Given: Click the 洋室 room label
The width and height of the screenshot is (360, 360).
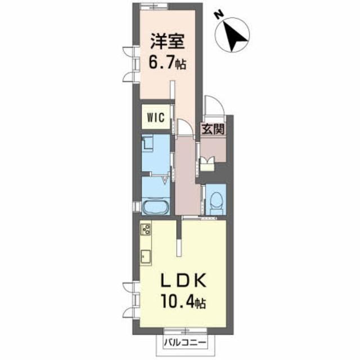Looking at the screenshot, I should [167, 43].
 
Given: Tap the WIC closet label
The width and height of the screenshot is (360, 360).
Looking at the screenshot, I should [155, 118].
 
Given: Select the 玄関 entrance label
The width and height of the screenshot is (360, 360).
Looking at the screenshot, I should [214, 128].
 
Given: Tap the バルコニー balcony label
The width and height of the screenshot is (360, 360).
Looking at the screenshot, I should [184, 341].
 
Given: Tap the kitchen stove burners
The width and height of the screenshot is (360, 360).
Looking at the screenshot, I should [146, 229].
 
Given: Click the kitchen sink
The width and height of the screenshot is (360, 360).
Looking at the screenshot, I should [146, 256].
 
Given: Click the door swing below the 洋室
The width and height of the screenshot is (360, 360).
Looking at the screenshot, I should [186, 129].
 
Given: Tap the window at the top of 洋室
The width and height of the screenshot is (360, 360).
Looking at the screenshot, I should [154, 7].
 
